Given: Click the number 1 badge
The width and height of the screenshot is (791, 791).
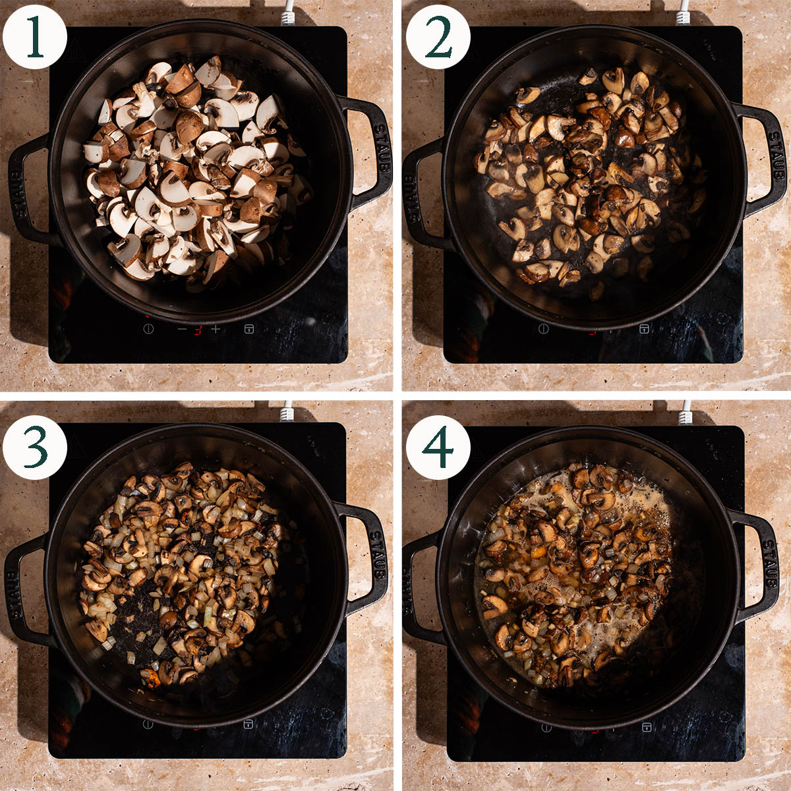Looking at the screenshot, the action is [x=34, y=37].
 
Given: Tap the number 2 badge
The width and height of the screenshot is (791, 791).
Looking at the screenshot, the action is [x=438, y=37].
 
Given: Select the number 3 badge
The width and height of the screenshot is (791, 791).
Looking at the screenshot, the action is [x=34, y=448].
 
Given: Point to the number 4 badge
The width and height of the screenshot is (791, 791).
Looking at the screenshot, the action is [x=438, y=448].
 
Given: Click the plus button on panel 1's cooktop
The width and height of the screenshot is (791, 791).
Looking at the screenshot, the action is [x=216, y=329].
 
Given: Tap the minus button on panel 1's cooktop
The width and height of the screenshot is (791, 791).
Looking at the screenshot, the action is [x=182, y=329].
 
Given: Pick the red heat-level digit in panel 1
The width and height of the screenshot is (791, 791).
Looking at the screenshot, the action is [x=198, y=330].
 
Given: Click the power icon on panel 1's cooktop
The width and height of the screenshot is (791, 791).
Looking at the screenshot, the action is [x=148, y=328].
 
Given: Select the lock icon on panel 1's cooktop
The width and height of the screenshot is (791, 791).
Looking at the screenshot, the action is [x=249, y=329].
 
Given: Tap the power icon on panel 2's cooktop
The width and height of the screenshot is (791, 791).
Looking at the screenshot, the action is [x=543, y=328].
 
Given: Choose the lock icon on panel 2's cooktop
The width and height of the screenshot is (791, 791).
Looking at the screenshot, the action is [x=644, y=329].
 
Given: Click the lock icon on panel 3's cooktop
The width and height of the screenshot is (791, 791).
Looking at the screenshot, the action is [x=248, y=724].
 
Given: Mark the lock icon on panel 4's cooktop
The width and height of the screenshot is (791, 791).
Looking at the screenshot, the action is [x=647, y=727].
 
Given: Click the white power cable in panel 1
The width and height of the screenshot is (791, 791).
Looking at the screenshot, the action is [x=289, y=13].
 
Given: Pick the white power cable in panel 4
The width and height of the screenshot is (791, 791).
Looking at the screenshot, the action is [x=686, y=413].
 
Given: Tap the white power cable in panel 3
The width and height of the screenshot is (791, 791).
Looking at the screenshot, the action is [x=288, y=411].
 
